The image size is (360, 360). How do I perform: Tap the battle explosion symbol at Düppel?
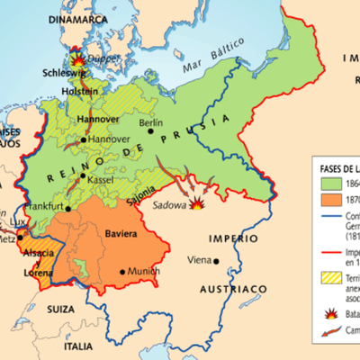coord(76,55)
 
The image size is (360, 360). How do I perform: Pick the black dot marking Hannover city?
coord(84,139)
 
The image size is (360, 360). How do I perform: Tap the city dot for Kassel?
coord(84,176)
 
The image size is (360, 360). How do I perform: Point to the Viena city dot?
coord(218,261)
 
